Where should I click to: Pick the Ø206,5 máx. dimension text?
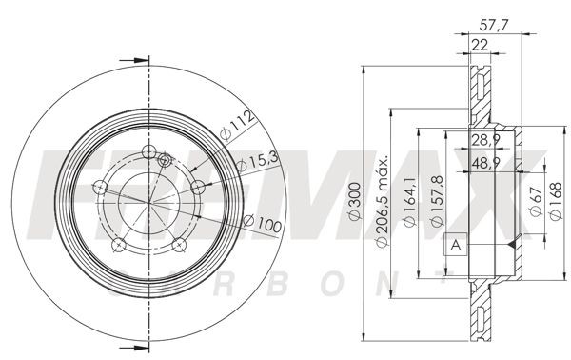click(x=383, y=201)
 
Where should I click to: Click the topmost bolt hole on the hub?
click(x=148, y=150)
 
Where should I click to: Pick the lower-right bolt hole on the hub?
click(x=178, y=246)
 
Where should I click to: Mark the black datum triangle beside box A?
click(x=511, y=246)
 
